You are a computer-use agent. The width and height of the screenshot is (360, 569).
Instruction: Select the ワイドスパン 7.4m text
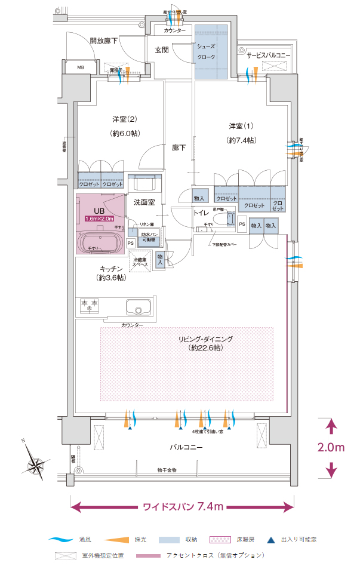click(183, 507)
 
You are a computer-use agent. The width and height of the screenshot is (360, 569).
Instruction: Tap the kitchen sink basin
click(138, 308)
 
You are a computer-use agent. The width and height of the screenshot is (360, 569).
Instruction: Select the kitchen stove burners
click(90, 306)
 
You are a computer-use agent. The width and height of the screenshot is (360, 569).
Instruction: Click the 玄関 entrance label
click(162, 50)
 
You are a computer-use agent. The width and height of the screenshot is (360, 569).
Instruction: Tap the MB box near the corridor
click(81, 67)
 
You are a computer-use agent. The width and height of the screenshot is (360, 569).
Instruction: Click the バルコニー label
click(186, 447)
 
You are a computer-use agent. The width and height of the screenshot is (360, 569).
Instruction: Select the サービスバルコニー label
click(268, 55)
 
